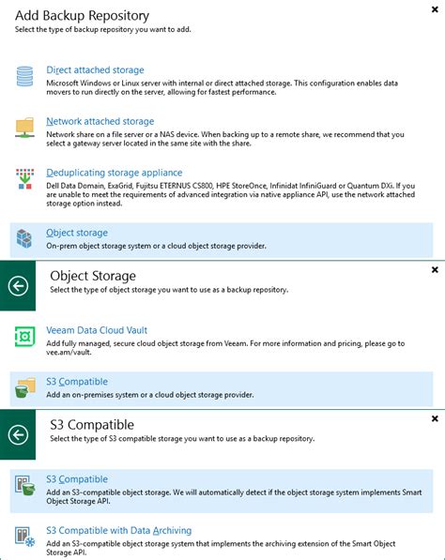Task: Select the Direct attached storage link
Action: [95, 69]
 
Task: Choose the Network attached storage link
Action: [100, 121]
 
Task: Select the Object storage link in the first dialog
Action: [77, 233]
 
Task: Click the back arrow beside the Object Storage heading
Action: [18, 286]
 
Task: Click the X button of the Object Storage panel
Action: [434, 269]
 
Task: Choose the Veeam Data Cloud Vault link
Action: [97, 330]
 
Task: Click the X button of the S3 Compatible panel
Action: [434, 418]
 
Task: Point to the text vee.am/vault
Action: [69, 356]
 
